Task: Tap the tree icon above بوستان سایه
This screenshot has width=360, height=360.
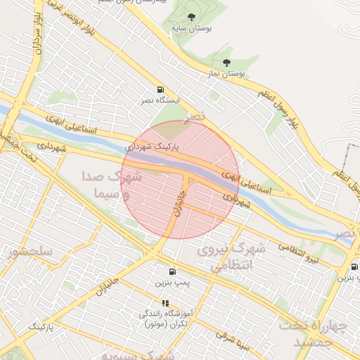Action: tap(192, 17)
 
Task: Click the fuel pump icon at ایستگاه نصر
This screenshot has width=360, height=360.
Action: tap(161, 90)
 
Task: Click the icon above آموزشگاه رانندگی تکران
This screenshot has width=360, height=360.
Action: tap(165, 303)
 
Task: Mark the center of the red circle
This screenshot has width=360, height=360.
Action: tap(180, 179)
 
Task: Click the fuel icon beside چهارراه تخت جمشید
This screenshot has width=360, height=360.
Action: tap(354, 266)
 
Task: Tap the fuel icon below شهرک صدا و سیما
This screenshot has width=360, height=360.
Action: tap(172, 271)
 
